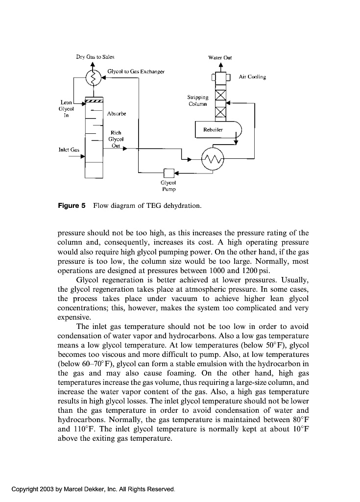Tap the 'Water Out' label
(x=220, y=57)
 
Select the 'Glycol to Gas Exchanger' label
(x=136, y=72)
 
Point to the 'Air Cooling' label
(x=252, y=77)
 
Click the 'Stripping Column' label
(x=198, y=100)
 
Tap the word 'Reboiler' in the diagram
(x=213, y=130)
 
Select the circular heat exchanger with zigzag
(x=212, y=159)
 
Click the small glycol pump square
(x=168, y=173)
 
